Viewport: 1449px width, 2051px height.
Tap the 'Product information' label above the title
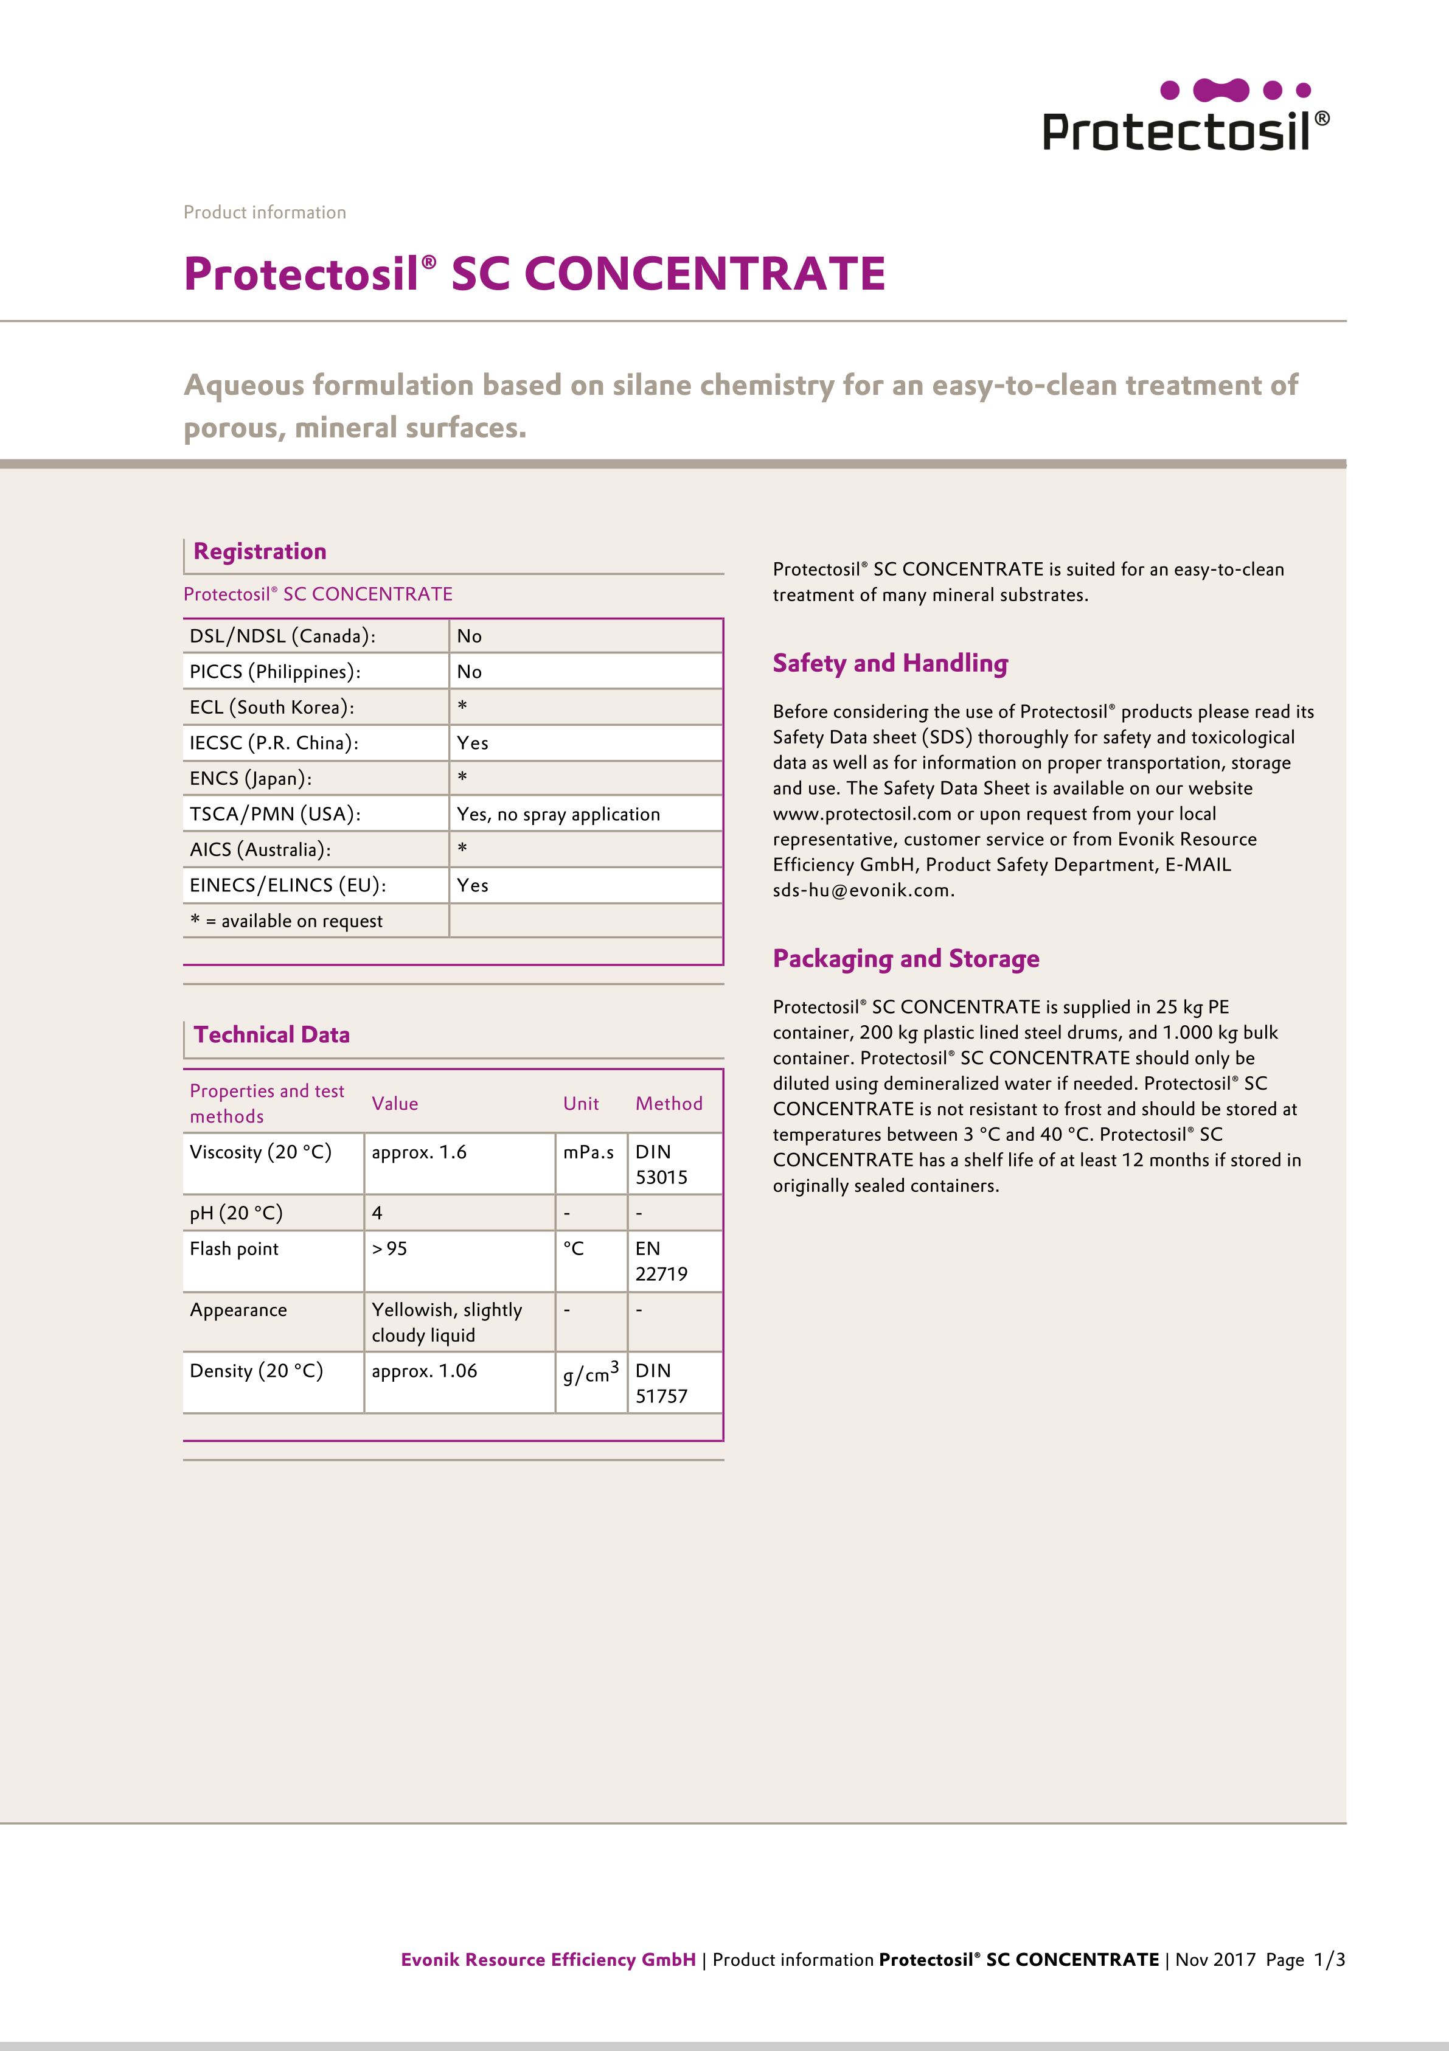click(x=265, y=212)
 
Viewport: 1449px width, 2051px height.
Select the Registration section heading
click(x=260, y=551)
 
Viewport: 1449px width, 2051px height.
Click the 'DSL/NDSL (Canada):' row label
click(x=282, y=636)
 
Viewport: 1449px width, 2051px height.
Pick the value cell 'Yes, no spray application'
click(x=558, y=814)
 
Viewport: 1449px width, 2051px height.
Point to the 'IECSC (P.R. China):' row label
click(x=273, y=742)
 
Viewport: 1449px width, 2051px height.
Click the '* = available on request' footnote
click(x=286, y=921)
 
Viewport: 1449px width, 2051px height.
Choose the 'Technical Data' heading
click(x=271, y=1034)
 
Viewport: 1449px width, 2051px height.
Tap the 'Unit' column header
click(x=581, y=1103)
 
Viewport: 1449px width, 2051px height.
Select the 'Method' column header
click(x=669, y=1103)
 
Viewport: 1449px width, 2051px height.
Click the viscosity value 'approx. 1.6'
click(x=419, y=1152)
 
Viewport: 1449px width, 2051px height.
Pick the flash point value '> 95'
click(x=389, y=1249)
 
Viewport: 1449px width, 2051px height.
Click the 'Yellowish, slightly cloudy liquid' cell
click(x=447, y=1322)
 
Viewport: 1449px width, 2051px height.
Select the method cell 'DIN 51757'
click(x=661, y=1383)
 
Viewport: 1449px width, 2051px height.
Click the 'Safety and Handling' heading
click(x=890, y=663)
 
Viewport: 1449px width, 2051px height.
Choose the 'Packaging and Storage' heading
click(x=906, y=958)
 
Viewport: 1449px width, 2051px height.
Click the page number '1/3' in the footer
click(x=1329, y=1960)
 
